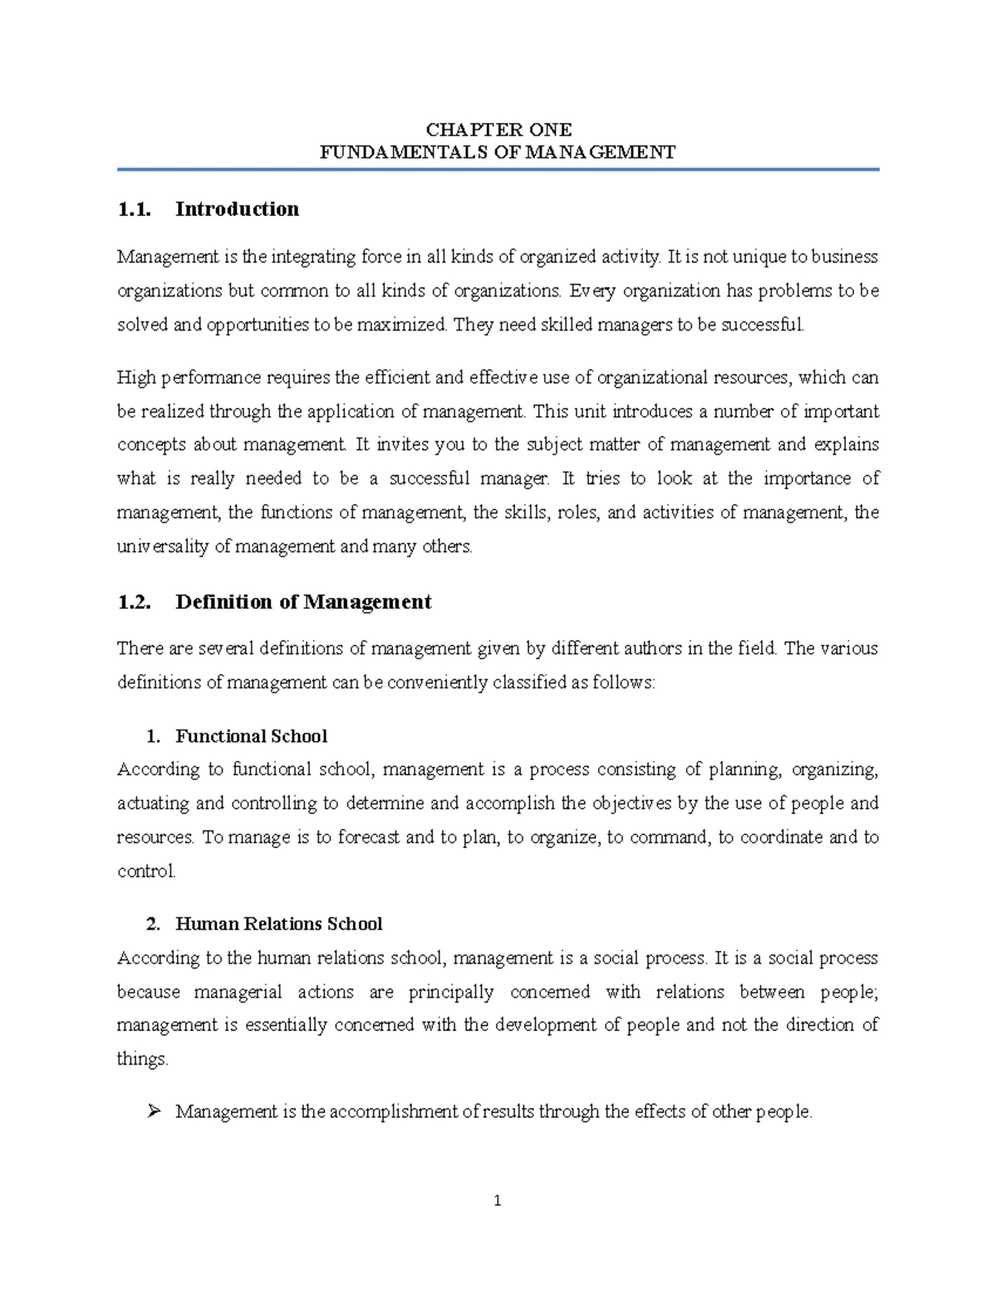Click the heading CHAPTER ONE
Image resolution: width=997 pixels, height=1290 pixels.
coord(498,130)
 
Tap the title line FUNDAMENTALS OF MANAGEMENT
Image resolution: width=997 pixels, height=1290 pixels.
coord(498,152)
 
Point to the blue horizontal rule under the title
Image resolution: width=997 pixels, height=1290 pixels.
coord(498,169)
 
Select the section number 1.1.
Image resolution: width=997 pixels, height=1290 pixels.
coord(134,209)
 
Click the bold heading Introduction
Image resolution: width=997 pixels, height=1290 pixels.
coord(237,209)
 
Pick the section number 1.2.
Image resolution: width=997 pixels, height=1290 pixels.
coord(134,602)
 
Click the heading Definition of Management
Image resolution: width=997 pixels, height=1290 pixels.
coord(303,602)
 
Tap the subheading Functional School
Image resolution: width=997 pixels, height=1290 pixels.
coord(251,737)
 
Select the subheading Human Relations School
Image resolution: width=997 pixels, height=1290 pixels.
coord(278,925)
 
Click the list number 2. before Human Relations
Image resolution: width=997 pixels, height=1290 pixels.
coord(152,925)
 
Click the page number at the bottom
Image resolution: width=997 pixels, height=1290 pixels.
coord(498,1201)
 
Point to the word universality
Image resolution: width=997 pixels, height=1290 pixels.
coord(162,547)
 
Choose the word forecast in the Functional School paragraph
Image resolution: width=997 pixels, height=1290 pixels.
coord(369,837)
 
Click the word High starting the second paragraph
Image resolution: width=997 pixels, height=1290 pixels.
coord(135,378)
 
